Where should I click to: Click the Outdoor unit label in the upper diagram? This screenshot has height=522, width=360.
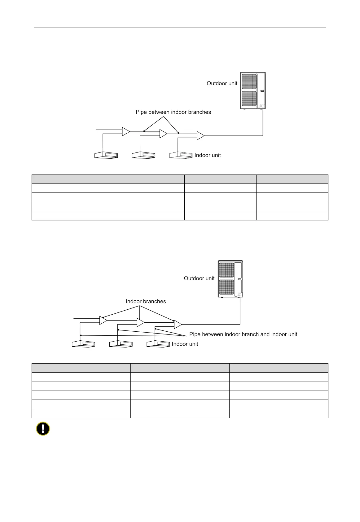pos(222,83)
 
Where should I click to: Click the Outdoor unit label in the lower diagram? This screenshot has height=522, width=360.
pos(199,278)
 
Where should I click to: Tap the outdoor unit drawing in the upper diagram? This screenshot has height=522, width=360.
pos(253,91)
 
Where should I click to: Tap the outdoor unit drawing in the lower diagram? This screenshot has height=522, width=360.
pos(230,279)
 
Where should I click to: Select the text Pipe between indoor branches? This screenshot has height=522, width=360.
pos(173,112)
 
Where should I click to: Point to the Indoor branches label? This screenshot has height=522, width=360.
pos(146,301)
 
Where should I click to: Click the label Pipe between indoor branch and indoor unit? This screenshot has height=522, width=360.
pos(243,334)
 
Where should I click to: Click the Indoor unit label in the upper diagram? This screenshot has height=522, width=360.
pos(208,155)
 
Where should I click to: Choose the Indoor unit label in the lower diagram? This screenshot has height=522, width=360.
pos(185,344)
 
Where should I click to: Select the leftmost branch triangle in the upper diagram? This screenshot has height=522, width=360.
pos(125,132)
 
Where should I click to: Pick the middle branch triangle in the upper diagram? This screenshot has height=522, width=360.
pos(163,134)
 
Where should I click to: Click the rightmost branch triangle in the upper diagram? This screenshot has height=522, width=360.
pos(200,136)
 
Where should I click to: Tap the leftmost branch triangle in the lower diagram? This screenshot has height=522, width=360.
pos(103,320)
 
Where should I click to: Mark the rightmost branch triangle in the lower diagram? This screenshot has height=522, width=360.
pos(178,324)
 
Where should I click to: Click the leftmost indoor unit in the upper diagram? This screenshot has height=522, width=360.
pos(106,155)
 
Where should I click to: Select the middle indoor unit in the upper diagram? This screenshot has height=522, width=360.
pos(143,155)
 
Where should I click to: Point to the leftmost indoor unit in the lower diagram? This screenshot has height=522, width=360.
pos(83,344)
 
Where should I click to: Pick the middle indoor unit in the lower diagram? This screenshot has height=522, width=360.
pos(121,344)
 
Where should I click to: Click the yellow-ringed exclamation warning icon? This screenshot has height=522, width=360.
pos(43,429)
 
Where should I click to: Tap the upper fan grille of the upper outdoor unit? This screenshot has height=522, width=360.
pos(249,82)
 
